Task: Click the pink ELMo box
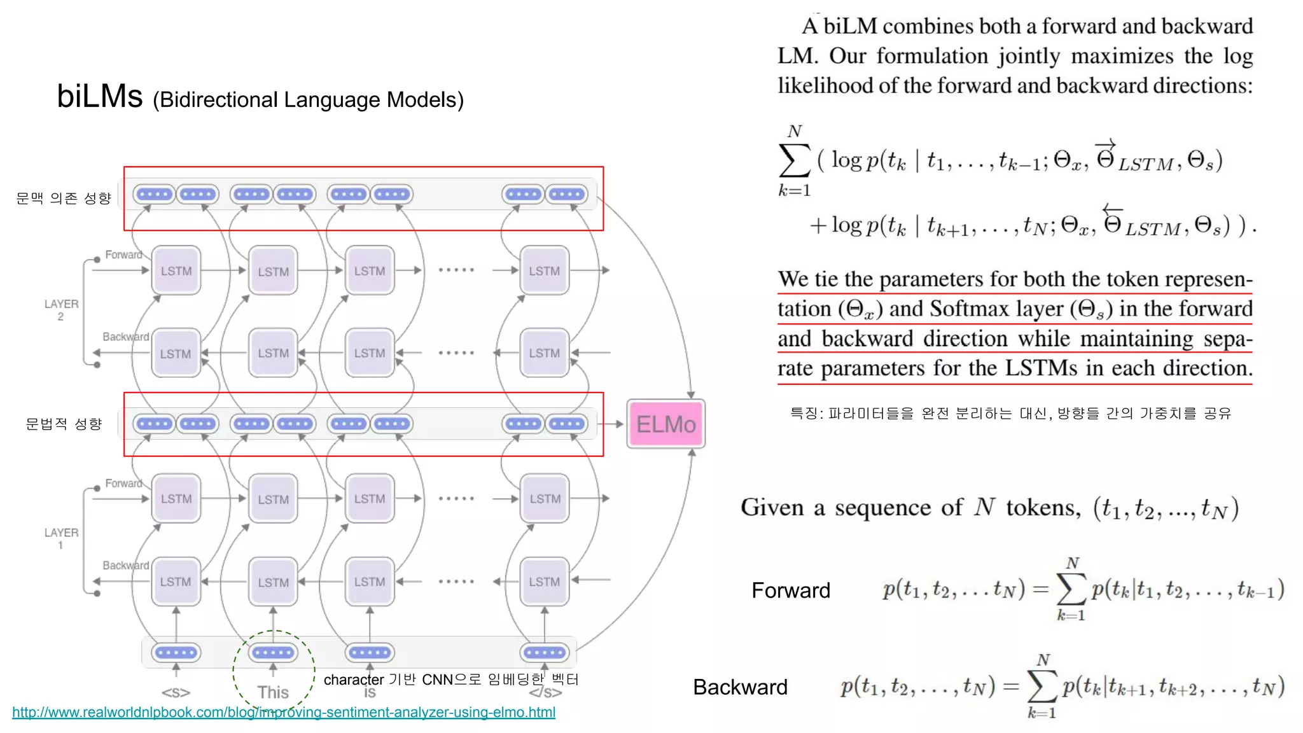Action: coord(665,424)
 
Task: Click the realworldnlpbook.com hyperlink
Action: coord(284,712)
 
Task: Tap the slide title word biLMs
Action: coord(100,97)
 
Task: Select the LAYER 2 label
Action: coord(61,310)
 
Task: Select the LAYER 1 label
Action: coord(61,538)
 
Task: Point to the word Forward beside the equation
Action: coord(791,590)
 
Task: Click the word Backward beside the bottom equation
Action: coord(740,687)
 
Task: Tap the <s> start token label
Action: coord(176,692)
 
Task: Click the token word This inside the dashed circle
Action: coord(273,692)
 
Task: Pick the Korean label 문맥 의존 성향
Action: coord(64,199)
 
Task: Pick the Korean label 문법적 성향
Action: coord(64,424)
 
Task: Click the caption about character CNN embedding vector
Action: coord(451,680)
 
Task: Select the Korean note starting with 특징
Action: coord(1010,414)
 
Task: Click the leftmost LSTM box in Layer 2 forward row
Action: coord(176,271)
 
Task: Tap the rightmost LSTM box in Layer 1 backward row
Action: coord(545,582)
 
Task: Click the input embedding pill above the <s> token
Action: coord(176,652)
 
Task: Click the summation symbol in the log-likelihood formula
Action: coord(794,160)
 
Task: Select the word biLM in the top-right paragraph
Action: coord(850,26)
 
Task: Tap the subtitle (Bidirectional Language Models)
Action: coord(308,100)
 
